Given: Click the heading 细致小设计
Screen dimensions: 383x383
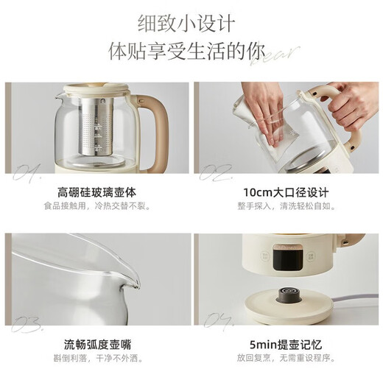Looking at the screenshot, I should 191,24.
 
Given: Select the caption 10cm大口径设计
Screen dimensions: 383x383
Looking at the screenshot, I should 285,193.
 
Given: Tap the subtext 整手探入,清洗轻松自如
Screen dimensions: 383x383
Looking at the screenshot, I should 285,206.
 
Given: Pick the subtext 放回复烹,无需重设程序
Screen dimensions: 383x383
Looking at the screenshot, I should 285,358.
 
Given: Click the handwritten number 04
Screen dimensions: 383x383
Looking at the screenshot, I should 214,323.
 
